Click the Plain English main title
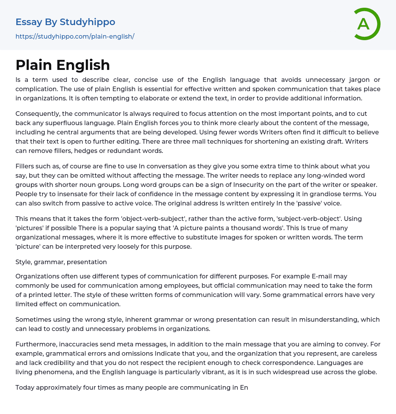tap(63, 65)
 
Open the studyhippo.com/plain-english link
tap(75, 36)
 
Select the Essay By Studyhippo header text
tap(65, 22)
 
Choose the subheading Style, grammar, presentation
tap(61, 262)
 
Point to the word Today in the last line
tap(25, 388)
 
